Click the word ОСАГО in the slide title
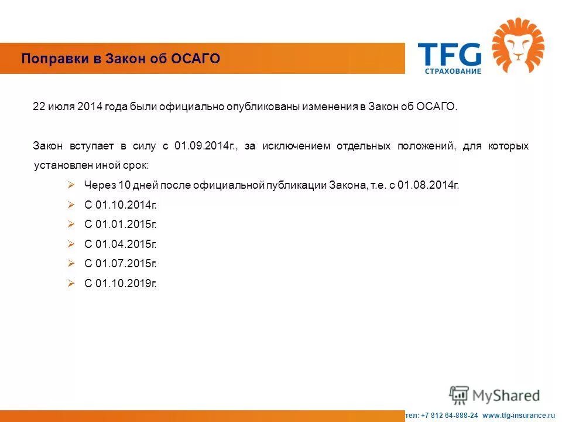click(197, 59)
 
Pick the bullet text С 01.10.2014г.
click(121, 205)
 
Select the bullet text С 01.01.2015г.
click(121, 224)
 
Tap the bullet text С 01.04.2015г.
click(121, 244)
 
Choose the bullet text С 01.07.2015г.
click(121, 264)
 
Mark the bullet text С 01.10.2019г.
click(121, 284)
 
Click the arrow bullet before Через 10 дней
click(71, 185)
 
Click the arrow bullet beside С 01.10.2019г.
click(71, 284)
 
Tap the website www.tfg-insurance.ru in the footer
click(518, 415)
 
